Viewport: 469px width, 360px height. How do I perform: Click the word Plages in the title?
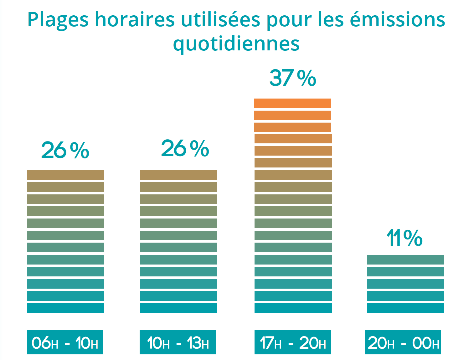click(58, 20)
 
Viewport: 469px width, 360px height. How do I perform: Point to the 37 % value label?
click(292, 78)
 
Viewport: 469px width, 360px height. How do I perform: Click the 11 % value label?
click(405, 238)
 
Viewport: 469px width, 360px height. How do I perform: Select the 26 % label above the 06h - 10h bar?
click(65, 150)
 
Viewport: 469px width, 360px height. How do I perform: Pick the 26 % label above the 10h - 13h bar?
click(185, 148)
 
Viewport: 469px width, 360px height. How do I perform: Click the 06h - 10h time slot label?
click(65, 342)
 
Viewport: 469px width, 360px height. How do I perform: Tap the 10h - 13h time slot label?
click(178, 342)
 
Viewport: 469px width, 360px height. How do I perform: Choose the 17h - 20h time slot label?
click(293, 342)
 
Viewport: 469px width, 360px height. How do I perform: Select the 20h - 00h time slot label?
click(403, 342)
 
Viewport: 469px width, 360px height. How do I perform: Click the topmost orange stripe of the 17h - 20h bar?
click(292, 103)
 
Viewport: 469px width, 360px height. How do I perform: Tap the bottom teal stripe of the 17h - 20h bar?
click(293, 308)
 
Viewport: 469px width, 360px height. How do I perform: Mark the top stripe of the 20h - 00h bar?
click(405, 260)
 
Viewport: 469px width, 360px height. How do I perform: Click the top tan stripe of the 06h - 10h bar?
click(65, 175)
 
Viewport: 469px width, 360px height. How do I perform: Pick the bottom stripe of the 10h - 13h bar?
click(178, 308)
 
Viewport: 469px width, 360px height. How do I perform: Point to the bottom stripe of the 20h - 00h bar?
click(405, 308)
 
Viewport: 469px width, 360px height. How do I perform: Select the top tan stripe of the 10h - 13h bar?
click(178, 175)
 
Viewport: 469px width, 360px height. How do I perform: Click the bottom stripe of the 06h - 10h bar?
click(65, 308)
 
